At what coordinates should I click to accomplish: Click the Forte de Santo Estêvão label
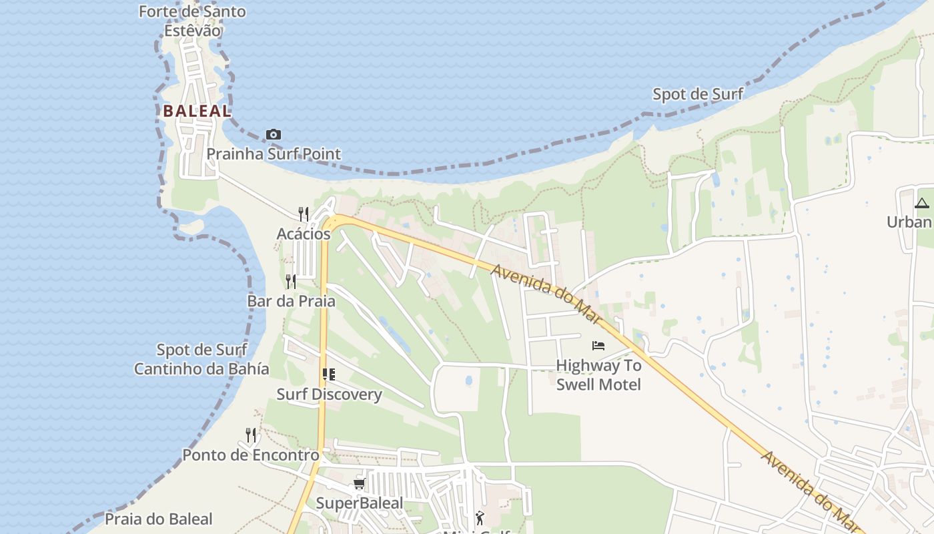click(192, 21)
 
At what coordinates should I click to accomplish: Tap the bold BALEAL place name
click(197, 111)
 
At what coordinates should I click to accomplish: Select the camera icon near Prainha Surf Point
click(273, 135)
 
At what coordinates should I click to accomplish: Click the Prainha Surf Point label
click(274, 154)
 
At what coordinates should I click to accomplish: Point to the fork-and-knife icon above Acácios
click(304, 214)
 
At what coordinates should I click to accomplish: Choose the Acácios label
click(304, 234)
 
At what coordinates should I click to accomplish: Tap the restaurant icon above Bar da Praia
click(291, 281)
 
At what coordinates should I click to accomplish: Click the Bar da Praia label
click(292, 301)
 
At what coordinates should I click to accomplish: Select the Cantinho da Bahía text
click(201, 369)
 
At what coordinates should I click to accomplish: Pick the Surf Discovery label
click(330, 394)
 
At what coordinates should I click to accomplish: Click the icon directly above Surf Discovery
click(328, 374)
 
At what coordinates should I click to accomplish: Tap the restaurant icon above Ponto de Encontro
click(251, 435)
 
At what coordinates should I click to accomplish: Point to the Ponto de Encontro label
click(251, 455)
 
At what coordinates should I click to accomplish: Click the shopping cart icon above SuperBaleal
click(360, 483)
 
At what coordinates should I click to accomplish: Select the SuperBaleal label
click(360, 503)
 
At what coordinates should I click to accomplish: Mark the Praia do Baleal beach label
click(159, 519)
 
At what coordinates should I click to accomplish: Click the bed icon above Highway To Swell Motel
click(598, 345)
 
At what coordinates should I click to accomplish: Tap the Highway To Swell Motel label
click(598, 375)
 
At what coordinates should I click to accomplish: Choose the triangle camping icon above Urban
click(923, 203)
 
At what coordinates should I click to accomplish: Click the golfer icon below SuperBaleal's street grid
click(480, 517)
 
